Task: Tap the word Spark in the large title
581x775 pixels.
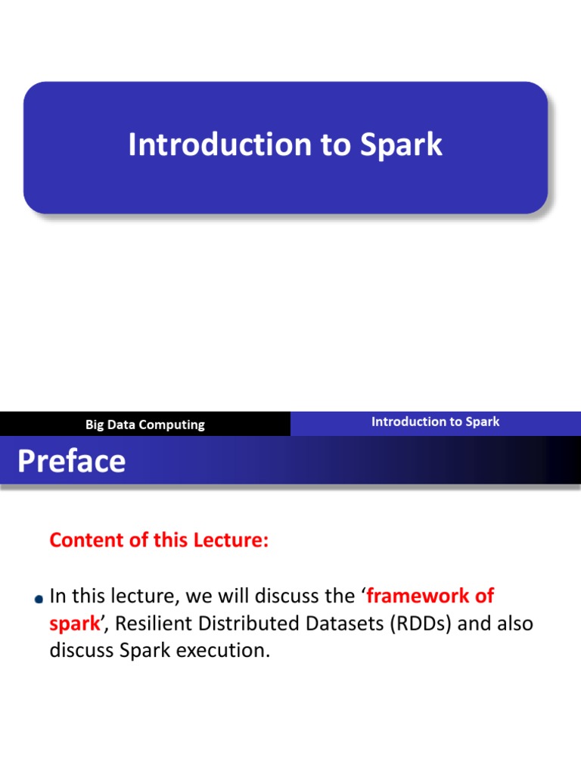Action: coord(401,145)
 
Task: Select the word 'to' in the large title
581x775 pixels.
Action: coord(335,145)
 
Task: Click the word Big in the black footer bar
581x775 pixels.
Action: coord(95,425)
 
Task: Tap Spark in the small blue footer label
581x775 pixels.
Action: coord(482,422)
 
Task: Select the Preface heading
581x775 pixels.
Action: coord(71,460)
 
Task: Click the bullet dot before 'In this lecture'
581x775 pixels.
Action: coord(39,599)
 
